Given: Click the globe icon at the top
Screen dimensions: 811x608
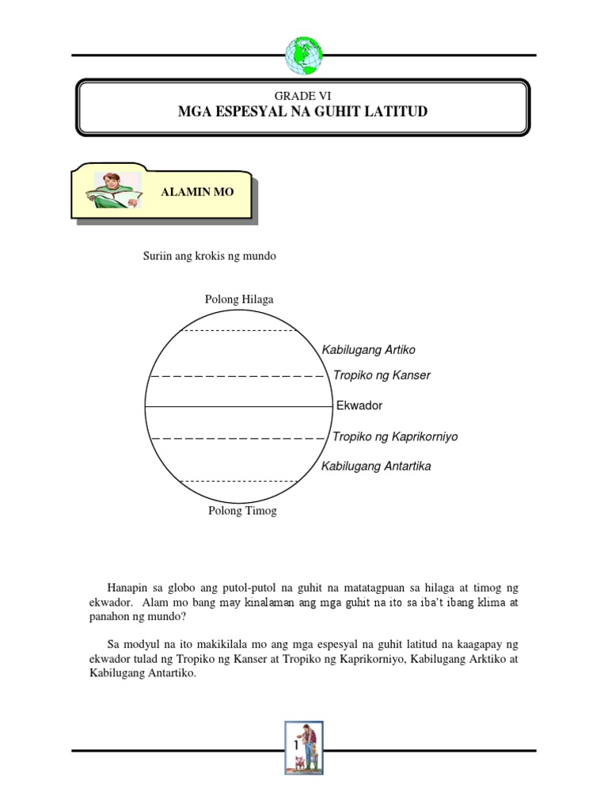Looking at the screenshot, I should point(304,55).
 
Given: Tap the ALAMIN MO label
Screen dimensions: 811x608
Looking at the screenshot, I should point(198,192).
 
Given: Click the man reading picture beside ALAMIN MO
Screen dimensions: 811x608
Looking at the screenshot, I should point(117,191).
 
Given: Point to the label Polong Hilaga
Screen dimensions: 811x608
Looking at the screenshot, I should point(239,299).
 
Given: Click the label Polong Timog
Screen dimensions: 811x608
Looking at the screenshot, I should point(242,511).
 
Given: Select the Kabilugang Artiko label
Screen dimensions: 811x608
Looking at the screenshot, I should point(368,349).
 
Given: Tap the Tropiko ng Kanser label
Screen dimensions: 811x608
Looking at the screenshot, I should point(382,375).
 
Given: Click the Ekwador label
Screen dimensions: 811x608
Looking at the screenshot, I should point(359,405).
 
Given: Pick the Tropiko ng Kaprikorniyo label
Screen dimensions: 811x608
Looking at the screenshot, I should point(395,436).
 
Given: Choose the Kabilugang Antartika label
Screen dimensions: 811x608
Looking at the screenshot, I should point(376,466).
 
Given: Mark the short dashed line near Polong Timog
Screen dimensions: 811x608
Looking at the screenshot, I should point(239,481).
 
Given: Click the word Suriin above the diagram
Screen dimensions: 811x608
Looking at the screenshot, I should point(156,257).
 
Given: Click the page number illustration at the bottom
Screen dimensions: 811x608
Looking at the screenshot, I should point(304,747).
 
